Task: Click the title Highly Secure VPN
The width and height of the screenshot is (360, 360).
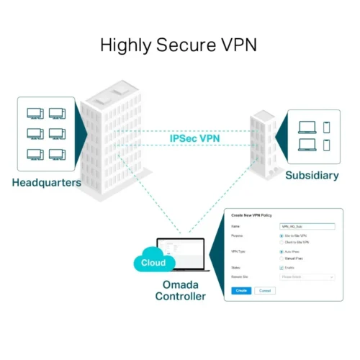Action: coord(179,45)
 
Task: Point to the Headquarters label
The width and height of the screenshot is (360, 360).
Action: coord(46,182)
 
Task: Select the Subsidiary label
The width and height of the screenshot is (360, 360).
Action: coord(312,176)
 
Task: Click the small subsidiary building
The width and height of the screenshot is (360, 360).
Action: coord(263,144)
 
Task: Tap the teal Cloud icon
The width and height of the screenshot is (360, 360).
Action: coord(153,263)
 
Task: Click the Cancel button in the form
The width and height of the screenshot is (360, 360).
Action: coord(264,290)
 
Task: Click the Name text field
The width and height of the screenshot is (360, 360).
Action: coord(307,226)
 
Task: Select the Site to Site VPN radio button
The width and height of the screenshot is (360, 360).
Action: coord(281,235)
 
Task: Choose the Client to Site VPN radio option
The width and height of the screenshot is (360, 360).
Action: coord(281,242)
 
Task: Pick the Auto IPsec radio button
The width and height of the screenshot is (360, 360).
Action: coord(281,251)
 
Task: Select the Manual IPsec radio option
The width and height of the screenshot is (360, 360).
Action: coord(281,258)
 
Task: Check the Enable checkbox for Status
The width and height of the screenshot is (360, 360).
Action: coord(281,267)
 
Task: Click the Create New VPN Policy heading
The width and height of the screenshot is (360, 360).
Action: coord(252,215)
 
